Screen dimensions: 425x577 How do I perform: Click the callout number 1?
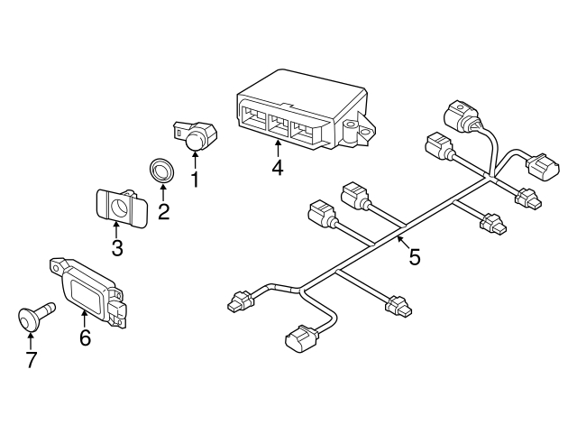194,180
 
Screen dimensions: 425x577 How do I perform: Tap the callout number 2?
163,213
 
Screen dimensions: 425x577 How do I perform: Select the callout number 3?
117,248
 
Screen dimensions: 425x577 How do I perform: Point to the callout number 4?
278,167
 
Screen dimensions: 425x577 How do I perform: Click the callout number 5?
414,257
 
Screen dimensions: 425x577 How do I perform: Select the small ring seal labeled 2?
162,169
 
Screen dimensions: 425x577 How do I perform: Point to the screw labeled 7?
34,317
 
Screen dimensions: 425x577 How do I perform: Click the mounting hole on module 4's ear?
366,132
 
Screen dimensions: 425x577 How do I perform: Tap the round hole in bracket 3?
119,208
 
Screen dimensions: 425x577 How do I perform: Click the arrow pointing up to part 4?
278,147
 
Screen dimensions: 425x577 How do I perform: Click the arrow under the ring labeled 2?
163,192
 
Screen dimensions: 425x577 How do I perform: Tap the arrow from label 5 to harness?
402,243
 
